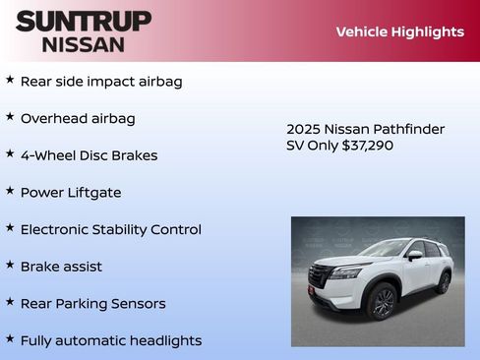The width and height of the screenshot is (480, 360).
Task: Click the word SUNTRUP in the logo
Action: pos(84,21)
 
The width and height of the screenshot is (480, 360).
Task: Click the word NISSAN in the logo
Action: pos(84,44)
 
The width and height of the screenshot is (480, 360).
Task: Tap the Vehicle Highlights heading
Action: pos(399,31)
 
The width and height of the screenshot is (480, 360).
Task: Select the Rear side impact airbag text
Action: pos(101,82)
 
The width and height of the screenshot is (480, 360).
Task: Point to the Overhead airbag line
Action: pos(78,119)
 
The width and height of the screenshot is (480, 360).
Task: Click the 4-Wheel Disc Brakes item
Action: pos(89,155)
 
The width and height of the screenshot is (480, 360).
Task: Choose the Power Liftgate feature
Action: pos(71,193)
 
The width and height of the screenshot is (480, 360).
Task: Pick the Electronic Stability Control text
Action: pos(110,230)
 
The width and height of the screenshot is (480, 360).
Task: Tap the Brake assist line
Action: pos(61,267)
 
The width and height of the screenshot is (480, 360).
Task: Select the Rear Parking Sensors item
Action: pos(92,304)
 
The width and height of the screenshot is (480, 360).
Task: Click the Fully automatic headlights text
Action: pos(110,341)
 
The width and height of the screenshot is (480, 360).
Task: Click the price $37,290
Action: pos(365,146)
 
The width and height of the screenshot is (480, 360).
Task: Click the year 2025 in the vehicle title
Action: pos(303,130)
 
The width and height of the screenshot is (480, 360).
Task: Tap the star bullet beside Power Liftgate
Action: pos(10,191)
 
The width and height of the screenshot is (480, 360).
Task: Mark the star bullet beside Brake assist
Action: pos(10,265)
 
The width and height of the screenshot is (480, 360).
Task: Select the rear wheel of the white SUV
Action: pos(444,283)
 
